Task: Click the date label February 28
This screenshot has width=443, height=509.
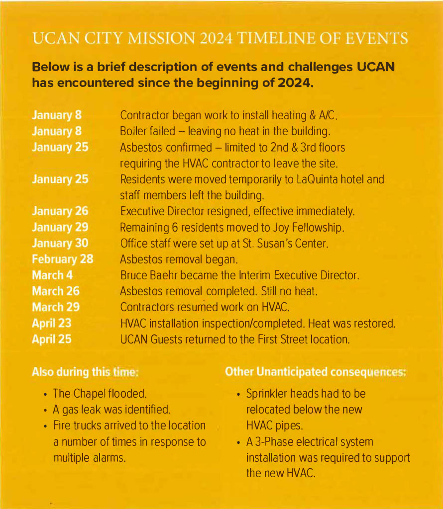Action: point(62,259)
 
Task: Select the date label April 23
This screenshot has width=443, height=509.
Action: point(51,324)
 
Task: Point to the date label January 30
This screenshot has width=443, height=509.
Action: point(60,243)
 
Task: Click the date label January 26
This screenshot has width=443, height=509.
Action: point(60,211)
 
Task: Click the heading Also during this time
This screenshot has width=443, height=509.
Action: point(85,372)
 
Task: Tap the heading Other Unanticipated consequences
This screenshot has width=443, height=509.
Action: point(315,372)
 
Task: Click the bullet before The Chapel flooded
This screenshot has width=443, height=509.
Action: point(45,395)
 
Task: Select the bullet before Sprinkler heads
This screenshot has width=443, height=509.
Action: point(238,395)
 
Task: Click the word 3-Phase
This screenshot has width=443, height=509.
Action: point(272,442)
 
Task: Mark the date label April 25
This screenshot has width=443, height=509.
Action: point(51,339)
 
